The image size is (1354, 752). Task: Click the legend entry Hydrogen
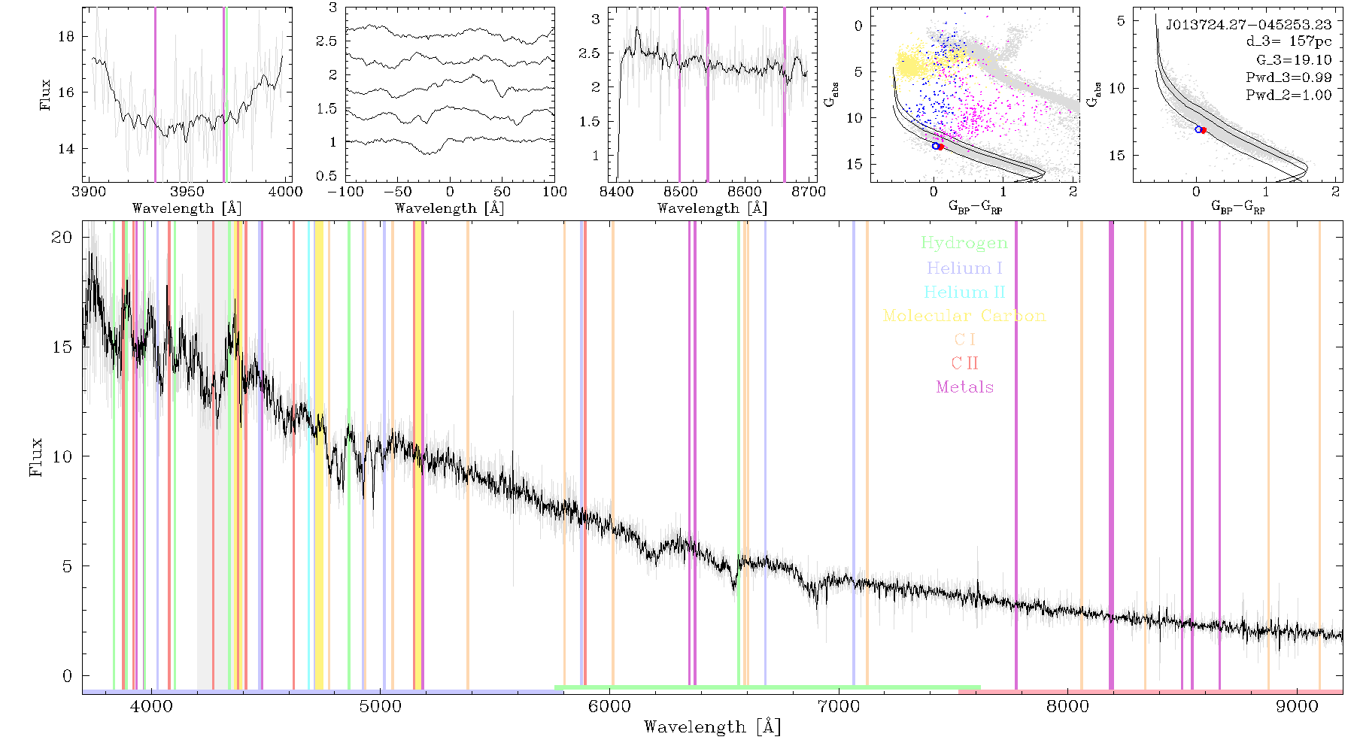coord(964,244)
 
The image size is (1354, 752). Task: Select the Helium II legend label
coord(964,292)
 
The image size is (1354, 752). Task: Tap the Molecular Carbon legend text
coord(964,316)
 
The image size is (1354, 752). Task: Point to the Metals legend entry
coord(965,387)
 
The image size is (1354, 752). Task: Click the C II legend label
coord(964,363)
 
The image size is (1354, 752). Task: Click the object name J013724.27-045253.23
coord(1249,25)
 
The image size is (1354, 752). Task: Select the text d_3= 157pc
coord(1289,42)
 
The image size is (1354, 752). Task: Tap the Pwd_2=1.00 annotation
coord(1289,96)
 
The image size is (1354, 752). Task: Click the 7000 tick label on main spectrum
coord(838,706)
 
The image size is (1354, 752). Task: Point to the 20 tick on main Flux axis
coord(62,237)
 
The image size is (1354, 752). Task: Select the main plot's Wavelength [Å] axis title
coord(712,727)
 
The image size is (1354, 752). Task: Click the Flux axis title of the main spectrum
coord(35,456)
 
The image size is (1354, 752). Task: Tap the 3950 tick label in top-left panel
coord(187,192)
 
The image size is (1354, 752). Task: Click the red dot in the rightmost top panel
coord(1204,130)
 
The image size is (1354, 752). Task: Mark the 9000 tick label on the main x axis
coord(1297,706)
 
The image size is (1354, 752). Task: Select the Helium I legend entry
coord(964,268)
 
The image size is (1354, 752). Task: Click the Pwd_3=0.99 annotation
coord(1289,77)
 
